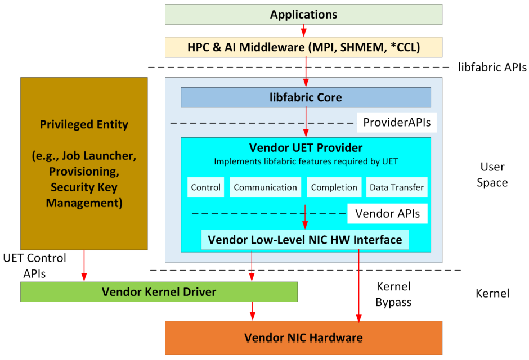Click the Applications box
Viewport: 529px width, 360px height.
pyautogui.click(x=304, y=15)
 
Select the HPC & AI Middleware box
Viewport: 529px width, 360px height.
pyautogui.click(x=304, y=47)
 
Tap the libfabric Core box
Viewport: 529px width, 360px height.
pyautogui.click(x=306, y=97)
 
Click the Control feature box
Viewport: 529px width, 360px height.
pyautogui.click(x=206, y=187)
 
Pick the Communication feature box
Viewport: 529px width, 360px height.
pyautogui.click(x=265, y=187)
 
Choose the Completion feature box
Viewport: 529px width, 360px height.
pyautogui.click(x=334, y=187)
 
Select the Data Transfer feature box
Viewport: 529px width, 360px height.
pyautogui.click(x=397, y=187)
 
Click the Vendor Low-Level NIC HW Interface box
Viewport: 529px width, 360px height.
pyautogui.click(x=305, y=240)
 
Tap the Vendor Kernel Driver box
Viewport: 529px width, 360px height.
pyautogui.click(x=159, y=292)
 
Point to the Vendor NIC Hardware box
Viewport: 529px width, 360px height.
pyautogui.click(x=304, y=337)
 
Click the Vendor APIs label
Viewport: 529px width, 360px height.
pyautogui.click(x=387, y=213)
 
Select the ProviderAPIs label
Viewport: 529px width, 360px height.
pyautogui.click(x=397, y=123)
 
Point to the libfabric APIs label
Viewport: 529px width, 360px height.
pyautogui.click(x=492, y=67)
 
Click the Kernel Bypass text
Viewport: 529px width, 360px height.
pyautogui.click(x=393, y=294)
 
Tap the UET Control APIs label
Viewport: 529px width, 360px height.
pyautogui.click(x=34, y=265)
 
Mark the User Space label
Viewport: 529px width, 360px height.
pyautogui.click(x=492, y=174)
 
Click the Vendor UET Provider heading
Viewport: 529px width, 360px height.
pyautogui.click(x=306, y=147)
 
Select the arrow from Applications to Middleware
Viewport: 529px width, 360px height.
pyautogui.click(x=304, y=30)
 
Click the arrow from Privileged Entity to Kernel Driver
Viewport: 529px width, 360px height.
pyautogui.click(x=84, y=265)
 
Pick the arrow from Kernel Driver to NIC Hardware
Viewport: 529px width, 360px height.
pyautogui.click(x=252, y=311)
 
